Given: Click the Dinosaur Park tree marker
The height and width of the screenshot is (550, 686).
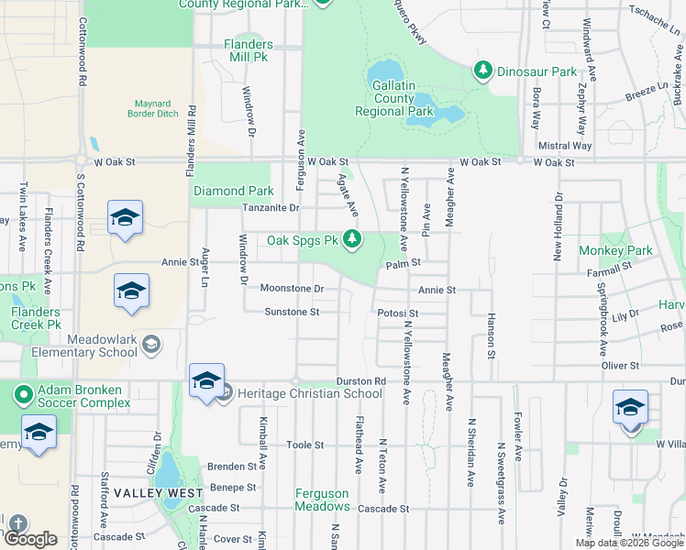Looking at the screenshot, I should [482, 70].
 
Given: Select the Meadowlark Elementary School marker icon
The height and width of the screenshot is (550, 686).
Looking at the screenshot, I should [151, 345].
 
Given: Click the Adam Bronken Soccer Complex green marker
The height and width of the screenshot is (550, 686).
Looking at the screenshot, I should [23, 395].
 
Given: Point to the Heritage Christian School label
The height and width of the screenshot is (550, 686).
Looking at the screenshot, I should [309, 394].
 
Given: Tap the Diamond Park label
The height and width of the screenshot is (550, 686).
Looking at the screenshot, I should [233, 192].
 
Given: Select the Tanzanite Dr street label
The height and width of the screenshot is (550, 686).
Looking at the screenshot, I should [271, 208].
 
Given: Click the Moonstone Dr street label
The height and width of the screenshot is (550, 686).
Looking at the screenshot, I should [293, 289].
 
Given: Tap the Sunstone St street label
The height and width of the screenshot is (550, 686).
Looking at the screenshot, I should [292, 313].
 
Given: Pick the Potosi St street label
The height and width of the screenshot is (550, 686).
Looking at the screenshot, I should [398, 313].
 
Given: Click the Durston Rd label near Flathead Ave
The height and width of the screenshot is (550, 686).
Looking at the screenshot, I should [354, 381].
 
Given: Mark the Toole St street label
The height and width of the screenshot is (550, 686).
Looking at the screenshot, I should [305, 445].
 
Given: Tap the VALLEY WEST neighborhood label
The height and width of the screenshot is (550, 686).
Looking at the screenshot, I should [159, 493].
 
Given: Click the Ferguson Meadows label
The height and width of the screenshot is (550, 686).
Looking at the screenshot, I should [322, 500].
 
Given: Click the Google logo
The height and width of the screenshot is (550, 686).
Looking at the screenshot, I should [30, 540].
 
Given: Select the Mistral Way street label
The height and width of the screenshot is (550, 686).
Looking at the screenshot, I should [565, 146].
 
